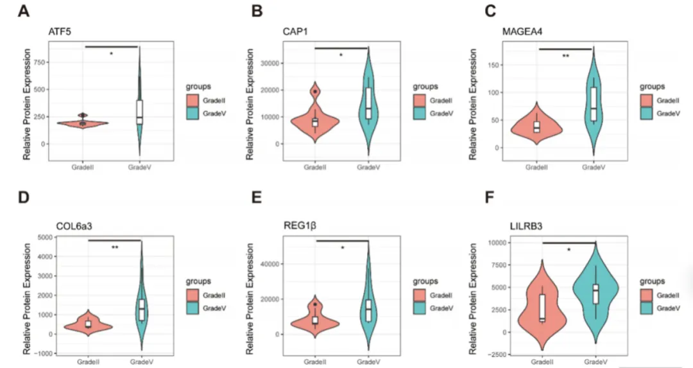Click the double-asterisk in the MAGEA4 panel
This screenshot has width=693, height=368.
click(x=565, y=57)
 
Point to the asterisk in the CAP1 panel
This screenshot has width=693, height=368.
click(x=341, y=56)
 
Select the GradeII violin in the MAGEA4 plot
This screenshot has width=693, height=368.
click(x=538, y=128)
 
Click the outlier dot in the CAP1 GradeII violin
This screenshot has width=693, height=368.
click(x=315, y=92)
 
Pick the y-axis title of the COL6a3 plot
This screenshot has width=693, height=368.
click(x=27, y=295)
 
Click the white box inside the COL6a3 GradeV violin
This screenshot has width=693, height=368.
click(x=141, y=309)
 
